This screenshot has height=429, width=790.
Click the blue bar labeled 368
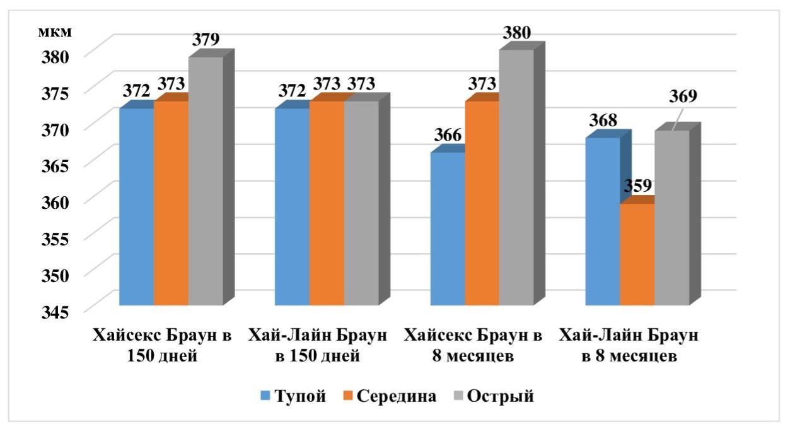coord(603,221)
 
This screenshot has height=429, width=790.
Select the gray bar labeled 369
coord(671,218)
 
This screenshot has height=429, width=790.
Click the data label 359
coord(637,187)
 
